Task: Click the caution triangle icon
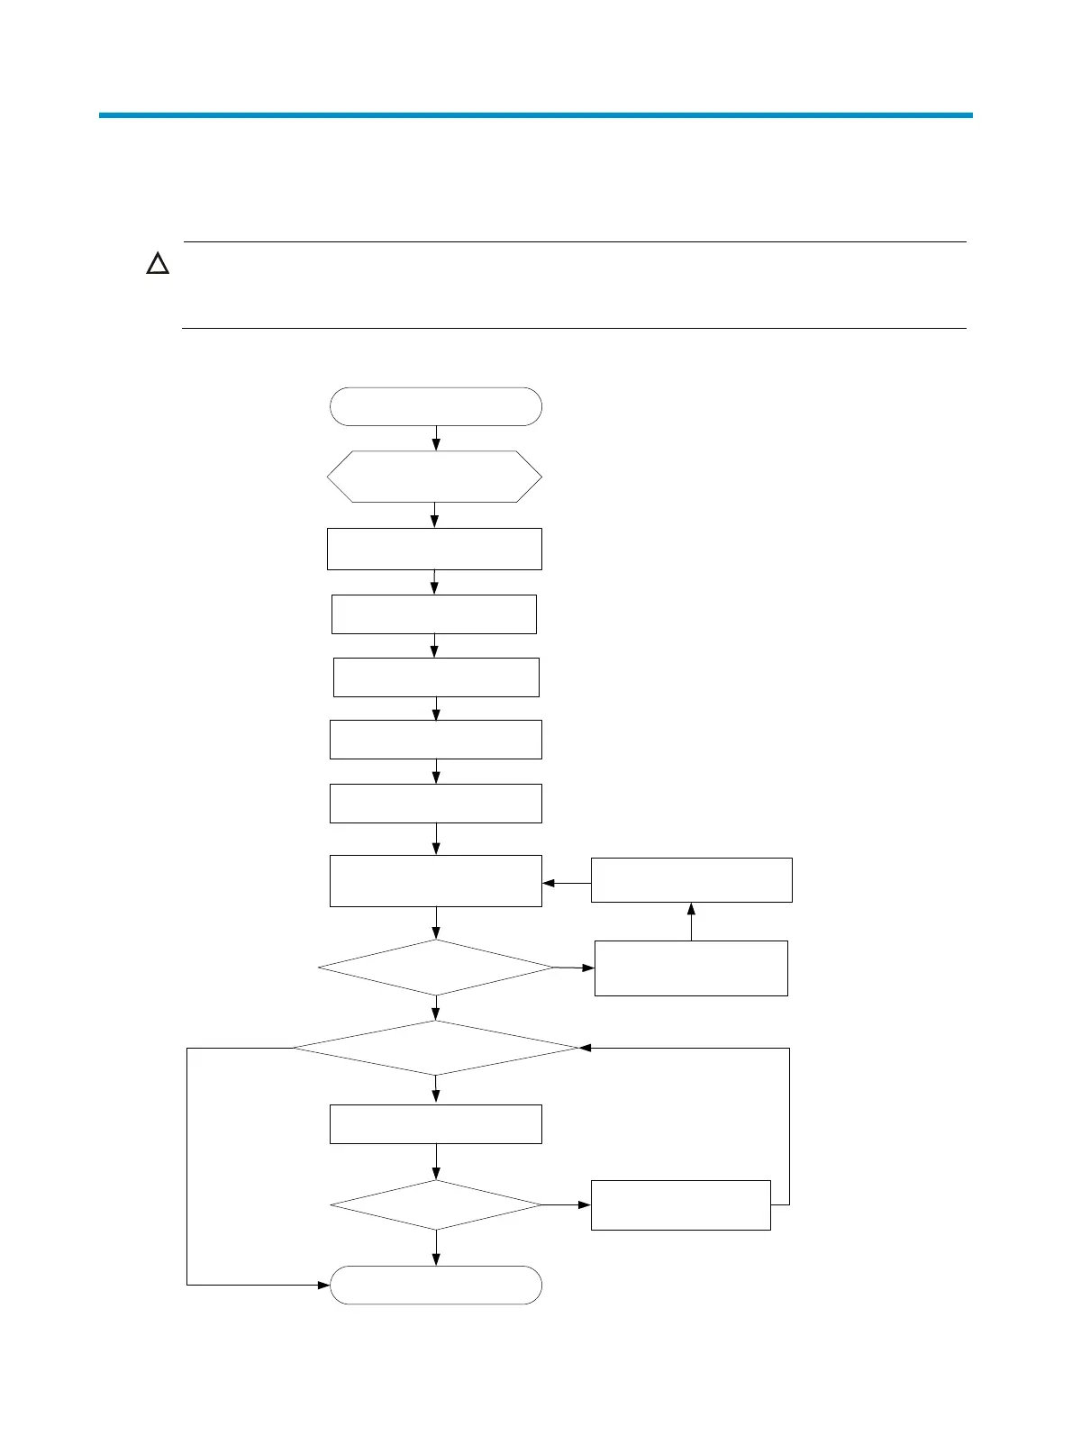pos(159,265)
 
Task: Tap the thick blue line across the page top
pos(535,115)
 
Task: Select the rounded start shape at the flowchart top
pos(436,406)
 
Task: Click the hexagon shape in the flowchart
pos(434,477)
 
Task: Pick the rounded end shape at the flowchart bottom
pos(436,1285)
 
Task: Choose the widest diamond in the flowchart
pos(436,1048)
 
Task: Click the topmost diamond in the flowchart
pos(436,968)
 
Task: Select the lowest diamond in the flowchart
pos(436,1204)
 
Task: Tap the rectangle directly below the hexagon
pos(434,549)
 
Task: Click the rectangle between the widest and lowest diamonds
pos(436,1124)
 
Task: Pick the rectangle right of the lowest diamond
pos(680,1204)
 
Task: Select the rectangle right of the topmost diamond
pos(691,968)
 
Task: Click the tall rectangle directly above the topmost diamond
pos(436,880)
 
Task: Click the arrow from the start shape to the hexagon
pos(436,438)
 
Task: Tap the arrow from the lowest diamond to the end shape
pos(436,1248)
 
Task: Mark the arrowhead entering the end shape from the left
pos(324,1285)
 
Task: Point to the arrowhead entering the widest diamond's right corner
pos(585,1048)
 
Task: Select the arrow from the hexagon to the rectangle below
pos(434,515)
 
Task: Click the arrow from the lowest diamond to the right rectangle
pos(567,1204)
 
